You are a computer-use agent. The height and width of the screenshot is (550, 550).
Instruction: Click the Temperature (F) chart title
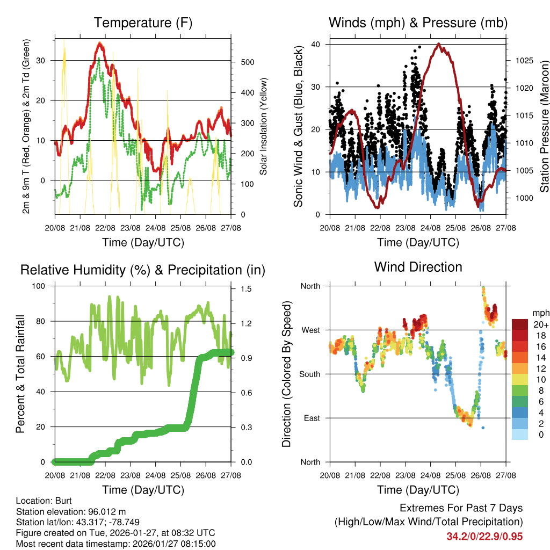pos(143,23)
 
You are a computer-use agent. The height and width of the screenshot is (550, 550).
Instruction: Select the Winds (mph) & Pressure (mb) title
pos(418,23)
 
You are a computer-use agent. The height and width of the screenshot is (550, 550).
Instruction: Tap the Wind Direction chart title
pos(418,267)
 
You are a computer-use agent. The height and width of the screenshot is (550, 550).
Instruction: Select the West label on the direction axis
pos(310,330)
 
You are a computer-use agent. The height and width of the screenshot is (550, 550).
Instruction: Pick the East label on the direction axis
pos(311,418)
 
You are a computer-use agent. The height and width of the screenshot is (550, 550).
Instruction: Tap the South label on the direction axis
pos(309,374)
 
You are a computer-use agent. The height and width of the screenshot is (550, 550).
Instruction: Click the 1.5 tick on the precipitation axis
pos(245,289)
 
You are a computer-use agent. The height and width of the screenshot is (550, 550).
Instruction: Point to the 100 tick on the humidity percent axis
pos(41,286)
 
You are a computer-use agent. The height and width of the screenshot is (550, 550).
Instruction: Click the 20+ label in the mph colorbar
pos(541,324)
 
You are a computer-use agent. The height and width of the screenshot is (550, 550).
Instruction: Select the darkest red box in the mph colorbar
pos(520,324)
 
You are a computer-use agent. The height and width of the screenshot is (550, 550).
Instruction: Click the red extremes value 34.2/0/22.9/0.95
pos(484,536)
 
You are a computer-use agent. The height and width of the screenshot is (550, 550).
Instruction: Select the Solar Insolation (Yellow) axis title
pos(263,127)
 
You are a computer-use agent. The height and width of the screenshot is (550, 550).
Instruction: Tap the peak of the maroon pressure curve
pos(439,45)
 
